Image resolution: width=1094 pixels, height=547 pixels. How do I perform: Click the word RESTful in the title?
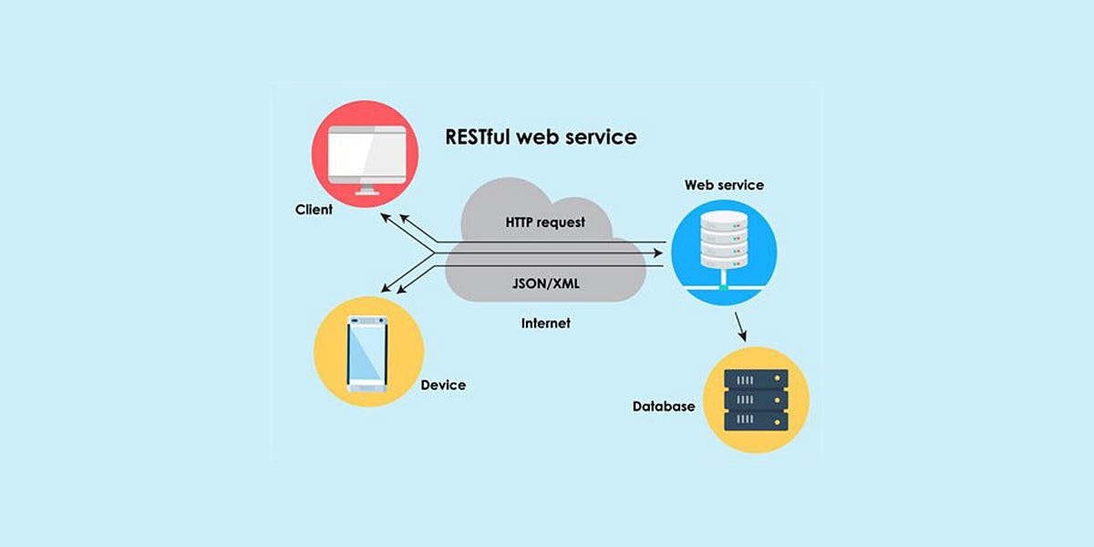click(x=477, y=138)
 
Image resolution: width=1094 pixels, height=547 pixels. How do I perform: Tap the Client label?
click(x=314, y=210)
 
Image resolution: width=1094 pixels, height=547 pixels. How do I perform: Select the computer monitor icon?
click(x=366, y=156)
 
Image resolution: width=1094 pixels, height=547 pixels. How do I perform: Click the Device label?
click(x=443, y=385)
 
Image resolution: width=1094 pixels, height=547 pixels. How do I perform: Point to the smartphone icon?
click(x=367, y=354)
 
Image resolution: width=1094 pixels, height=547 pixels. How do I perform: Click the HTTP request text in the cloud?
click(x=545, y=222)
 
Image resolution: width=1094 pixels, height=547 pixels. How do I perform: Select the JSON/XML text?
click(x=544, y=284)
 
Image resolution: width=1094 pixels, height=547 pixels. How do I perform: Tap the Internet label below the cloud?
click(x=545, y=324)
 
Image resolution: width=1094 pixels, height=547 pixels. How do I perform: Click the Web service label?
click(x=724, y=185)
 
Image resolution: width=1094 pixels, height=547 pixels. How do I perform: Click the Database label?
click(x=663, y=407)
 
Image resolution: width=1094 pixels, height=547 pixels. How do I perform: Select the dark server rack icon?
click(x=755, y=399)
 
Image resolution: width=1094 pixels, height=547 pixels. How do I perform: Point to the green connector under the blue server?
click(x=723, y=288)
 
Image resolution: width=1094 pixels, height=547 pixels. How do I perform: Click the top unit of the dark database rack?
click(x=755, y=377)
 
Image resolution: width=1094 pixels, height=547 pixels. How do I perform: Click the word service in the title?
click(x=598, y=138)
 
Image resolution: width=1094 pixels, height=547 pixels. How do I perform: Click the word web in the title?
click(x=536, y=138)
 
